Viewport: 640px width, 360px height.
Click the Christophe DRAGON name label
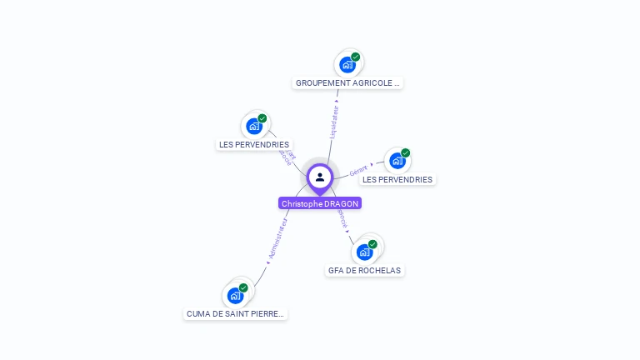[320, 203]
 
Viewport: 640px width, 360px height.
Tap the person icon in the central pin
[320, 177]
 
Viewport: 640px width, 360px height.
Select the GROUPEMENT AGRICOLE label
[348, 83]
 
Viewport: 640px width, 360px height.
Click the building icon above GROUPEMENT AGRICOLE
[347, 64]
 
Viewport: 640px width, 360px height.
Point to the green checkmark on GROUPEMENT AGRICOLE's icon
[356, 57]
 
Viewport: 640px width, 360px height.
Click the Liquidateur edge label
[334, 122]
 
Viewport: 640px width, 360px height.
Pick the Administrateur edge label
[277, 239]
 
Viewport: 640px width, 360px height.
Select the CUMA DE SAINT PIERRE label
[235, 314]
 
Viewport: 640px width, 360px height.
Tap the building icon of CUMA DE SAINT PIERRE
[236, 295]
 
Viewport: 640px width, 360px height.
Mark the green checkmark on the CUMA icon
[243, 287]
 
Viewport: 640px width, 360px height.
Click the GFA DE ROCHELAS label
[365, 271]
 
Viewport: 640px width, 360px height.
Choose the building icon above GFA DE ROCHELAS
[364, 252]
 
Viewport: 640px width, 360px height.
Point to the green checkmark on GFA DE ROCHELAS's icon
[372, 244]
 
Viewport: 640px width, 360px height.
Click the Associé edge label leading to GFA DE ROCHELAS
[342, 218]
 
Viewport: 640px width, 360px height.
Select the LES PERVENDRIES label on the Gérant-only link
[397, 179]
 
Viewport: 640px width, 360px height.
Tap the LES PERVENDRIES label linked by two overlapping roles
[254, 144]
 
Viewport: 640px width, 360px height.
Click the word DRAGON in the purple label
[341, 203]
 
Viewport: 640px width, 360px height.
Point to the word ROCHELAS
[382, 271]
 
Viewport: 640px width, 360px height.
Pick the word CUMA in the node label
[198, 314]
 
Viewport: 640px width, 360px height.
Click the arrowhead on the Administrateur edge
[268, 262]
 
